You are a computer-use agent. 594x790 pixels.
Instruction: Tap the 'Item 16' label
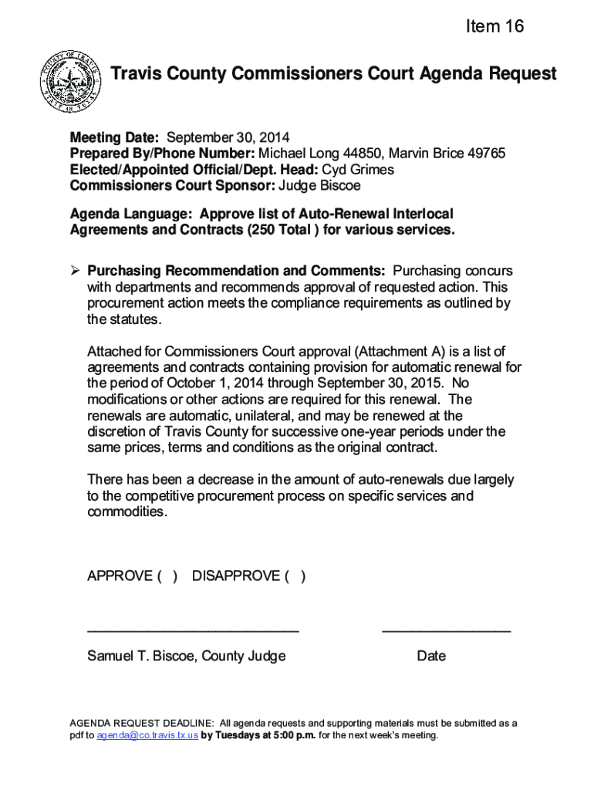494,27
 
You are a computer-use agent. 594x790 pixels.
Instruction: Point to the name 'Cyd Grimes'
357,170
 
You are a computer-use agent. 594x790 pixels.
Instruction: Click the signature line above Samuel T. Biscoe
193,631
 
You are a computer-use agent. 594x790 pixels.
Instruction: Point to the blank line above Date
446,631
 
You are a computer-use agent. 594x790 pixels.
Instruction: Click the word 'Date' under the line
431,657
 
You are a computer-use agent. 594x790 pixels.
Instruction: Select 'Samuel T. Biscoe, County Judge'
186,657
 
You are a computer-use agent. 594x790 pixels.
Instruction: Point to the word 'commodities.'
127,512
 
